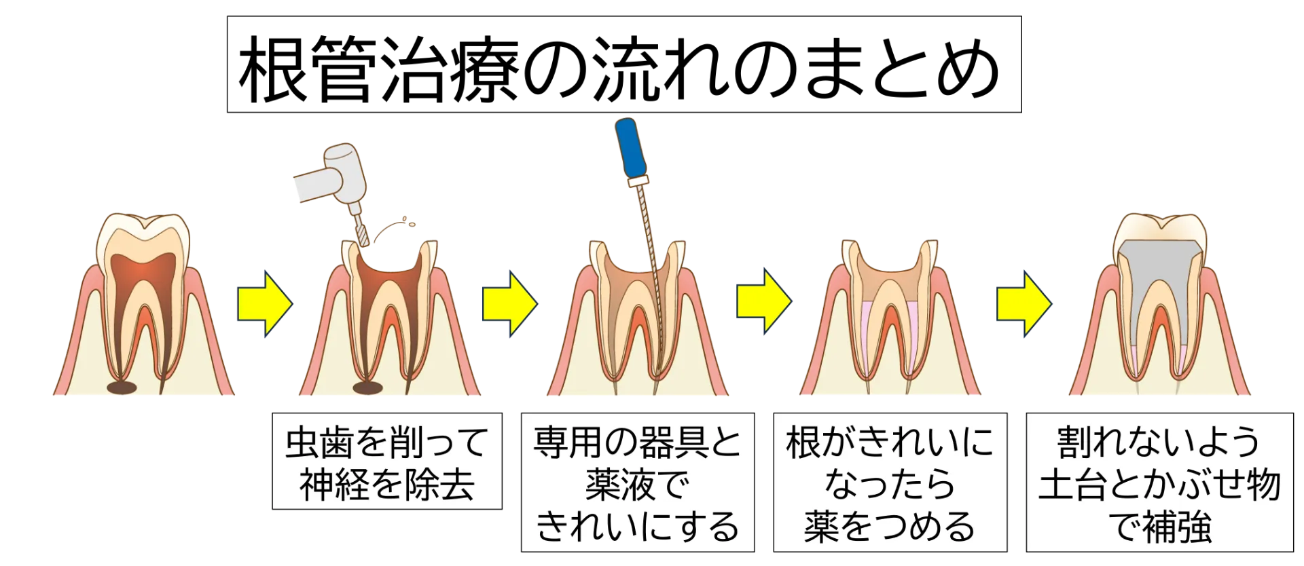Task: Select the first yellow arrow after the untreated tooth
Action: pyautogui.click(x=265, y=303)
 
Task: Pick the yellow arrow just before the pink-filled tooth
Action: pyautogui.click(x=764, y=301)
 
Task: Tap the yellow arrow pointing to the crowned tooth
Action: pyautogui.click(x=1024, y=303)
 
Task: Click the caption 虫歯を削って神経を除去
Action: pyautogui.click(x=387, y=461)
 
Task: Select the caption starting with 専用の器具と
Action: pyautogui.click(x=638, y=483)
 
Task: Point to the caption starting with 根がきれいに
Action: pyautogui.click(x=890, y=483)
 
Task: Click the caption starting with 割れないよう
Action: pyautogui.click(x=1159, y=483)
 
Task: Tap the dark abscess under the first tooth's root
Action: pyautogui.click(x=122, y=388)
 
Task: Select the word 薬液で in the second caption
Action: pyautogui.click(x=638, y=484)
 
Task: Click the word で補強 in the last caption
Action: pyautogui.click(x=1160, y=526)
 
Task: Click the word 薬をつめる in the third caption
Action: pyautogui.click(x=890, y=526)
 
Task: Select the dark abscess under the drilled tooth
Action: pyautogui.click(x=368, y=388)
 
